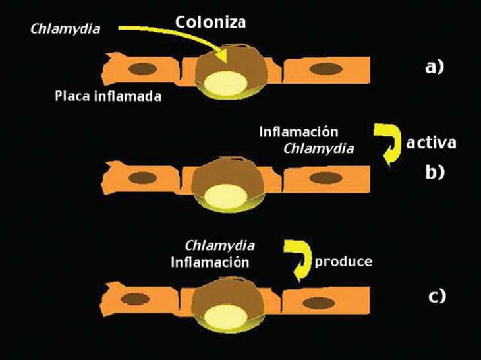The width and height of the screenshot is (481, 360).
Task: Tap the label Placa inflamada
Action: coord(108,96)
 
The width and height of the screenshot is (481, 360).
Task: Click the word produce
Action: coord(343,262)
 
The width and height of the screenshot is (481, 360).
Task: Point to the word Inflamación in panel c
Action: coord(211,262)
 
